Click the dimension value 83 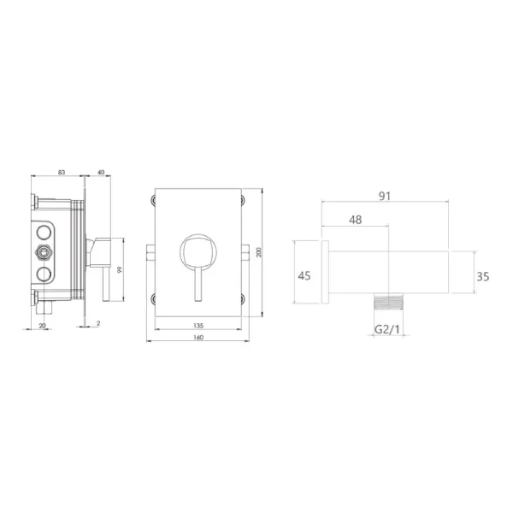[x=62, y=172]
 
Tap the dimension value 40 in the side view [x=101, y=172]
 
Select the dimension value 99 [x=120, y=270]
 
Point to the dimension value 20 [x=42, y=326]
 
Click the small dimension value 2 [x=98, y=323]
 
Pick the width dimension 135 [x=198, y=326]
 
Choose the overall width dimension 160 [x=198, y=338]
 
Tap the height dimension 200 [x=259, y=252]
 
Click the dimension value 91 [x=385, y=196]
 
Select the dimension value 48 [x=356, y=220]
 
